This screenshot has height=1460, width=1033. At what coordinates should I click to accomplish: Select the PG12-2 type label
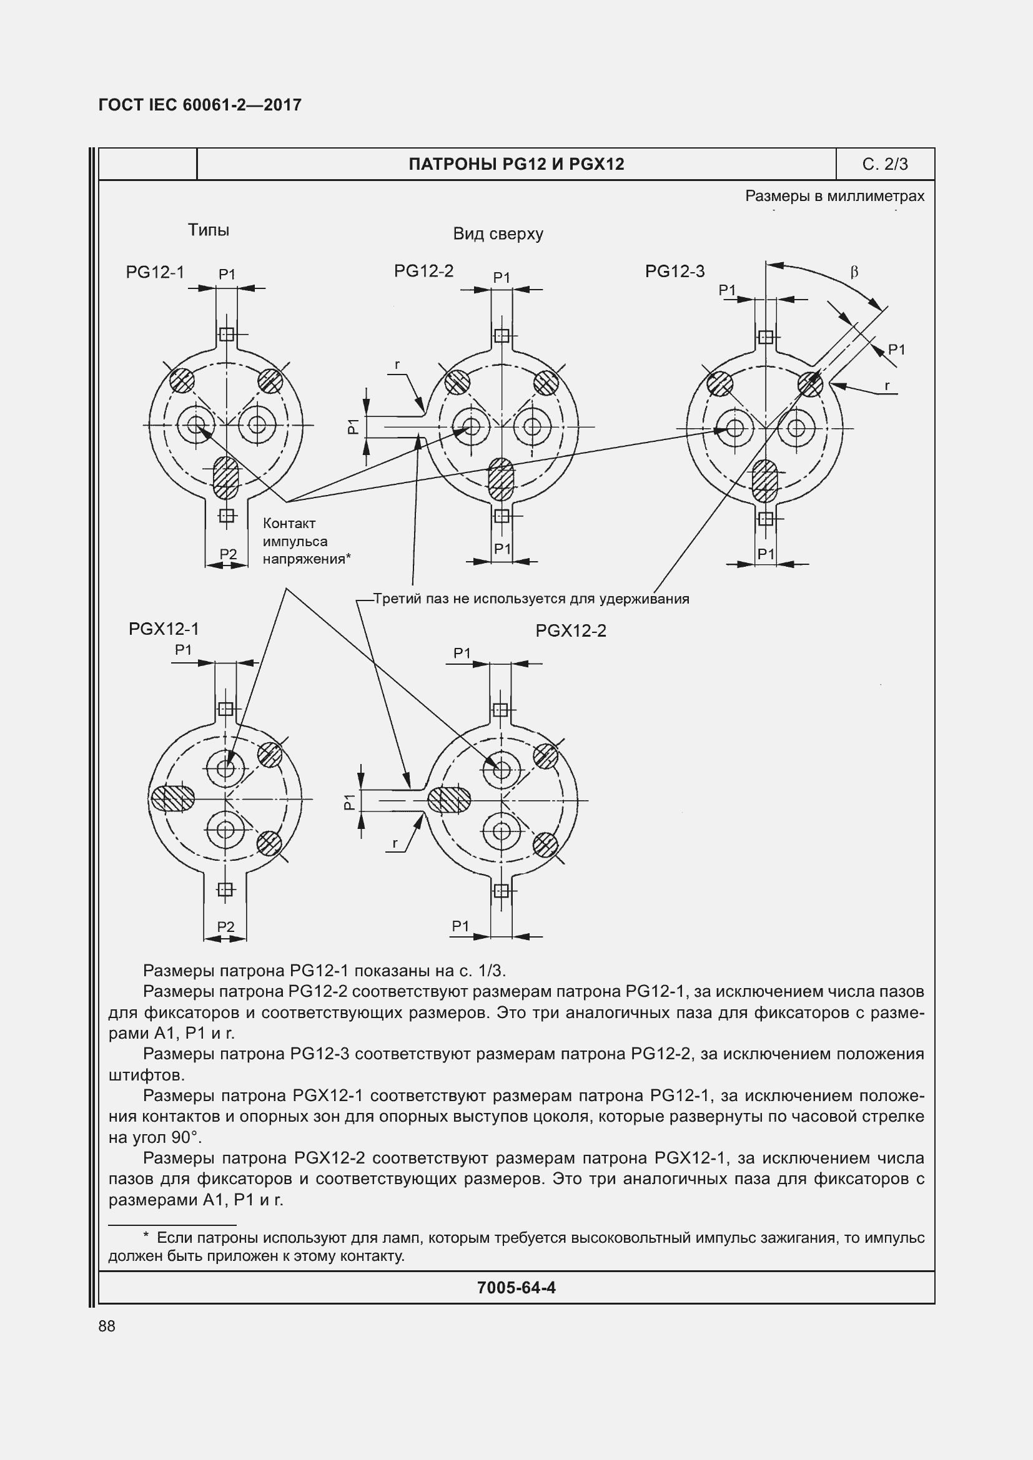tap(423, 271)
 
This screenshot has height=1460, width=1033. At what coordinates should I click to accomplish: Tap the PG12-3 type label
tap(675, 272)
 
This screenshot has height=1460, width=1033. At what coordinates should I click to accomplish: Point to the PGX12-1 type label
tap(164, 629)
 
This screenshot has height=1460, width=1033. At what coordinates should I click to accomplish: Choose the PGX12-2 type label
tap(571, 631)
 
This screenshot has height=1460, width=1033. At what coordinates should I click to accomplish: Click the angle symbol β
tap(854, 272)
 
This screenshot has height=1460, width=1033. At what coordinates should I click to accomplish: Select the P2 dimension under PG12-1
tap(228, 554)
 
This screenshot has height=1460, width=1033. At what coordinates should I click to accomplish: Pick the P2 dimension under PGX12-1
tap(226, 926)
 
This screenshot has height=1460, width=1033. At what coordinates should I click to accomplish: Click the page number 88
tap(107, 1326)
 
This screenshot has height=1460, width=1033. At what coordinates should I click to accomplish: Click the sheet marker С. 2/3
tap(885, 164)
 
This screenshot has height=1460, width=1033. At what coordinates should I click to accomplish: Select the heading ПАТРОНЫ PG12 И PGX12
tap(516, 164)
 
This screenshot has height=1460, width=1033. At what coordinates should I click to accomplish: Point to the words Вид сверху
tap(498, 234)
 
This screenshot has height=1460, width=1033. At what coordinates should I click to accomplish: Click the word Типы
tap(208, 230)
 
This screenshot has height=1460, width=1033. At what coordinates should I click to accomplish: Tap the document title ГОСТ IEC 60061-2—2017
tap(200, 105)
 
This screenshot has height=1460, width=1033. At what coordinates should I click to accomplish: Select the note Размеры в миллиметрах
tap(834, 196)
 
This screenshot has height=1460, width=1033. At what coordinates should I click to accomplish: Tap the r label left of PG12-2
tap(398, 365)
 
